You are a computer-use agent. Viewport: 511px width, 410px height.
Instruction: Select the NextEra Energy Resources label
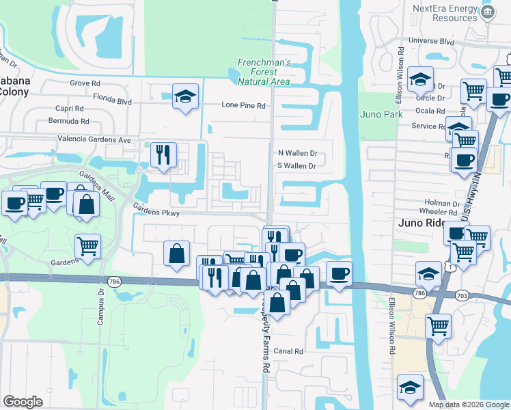coord(444,13)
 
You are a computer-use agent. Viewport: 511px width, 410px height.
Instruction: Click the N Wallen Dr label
coord(297,154)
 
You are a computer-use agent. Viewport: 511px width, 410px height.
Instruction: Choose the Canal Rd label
coord(289,351)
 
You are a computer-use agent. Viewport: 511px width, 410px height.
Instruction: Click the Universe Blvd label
coord(431,41)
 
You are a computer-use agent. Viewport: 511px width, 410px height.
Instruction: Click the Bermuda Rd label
coord(65,121)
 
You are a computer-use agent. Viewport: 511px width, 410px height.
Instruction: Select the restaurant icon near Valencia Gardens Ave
coord(163,154)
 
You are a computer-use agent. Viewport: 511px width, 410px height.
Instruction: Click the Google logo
coord(23,402)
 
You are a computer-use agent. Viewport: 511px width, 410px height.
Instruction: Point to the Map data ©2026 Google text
coord(468,405)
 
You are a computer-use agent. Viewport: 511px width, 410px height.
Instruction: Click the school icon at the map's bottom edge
coord(410,387)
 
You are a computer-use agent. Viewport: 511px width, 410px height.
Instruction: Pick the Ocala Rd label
coord(432,110)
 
